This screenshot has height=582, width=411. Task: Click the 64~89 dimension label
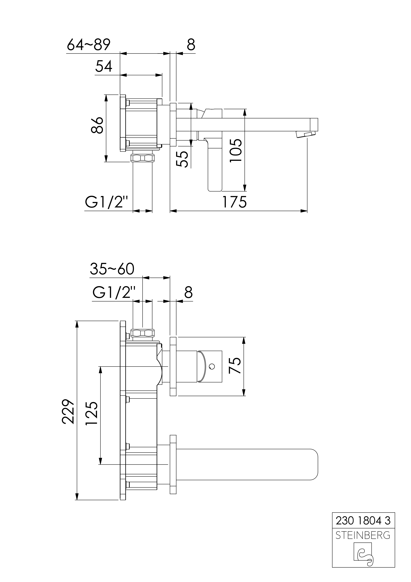click(x=89, y=45)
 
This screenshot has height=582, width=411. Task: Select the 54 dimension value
click(x=104, y=67)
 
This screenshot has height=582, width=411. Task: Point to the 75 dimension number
click(x=234, y=365)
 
